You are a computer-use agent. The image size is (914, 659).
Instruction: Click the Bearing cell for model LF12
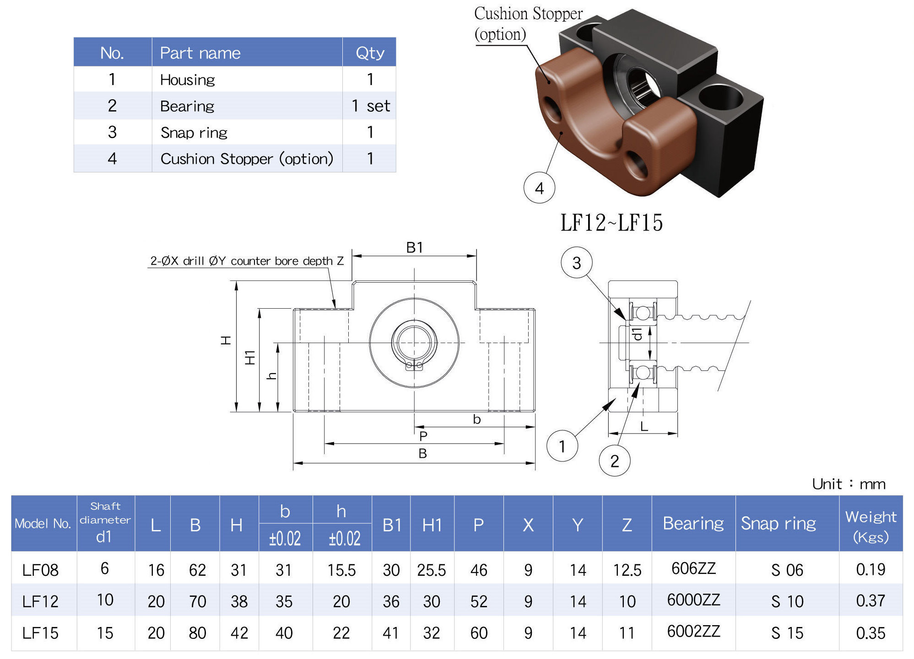(x=693, y=600)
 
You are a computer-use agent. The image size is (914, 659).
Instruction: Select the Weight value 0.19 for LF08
(x=870, y=569)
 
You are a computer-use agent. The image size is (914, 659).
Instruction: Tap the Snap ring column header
(x=778, y=523)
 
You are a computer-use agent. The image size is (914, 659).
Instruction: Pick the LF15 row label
(x=40, y=633)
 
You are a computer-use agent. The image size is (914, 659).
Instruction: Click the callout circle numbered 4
(x=539, y=188)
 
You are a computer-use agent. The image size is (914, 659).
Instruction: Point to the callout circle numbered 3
(x=576, y=263)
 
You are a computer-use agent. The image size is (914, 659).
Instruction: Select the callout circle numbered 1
(x=562, y=446)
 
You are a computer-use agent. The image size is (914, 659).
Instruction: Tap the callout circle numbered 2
(x=614, y=461)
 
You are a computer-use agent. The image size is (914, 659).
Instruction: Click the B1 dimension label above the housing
(x=414, y=247)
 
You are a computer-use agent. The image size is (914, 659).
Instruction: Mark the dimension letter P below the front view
(x=423, y=436)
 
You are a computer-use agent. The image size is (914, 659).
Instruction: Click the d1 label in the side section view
(x=637, y=333)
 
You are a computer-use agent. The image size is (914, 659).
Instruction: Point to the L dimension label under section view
(x=644, y=427)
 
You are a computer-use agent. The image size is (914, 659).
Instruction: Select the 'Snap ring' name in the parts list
(x=194, y=133)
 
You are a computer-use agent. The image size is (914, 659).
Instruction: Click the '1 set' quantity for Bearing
(x=370, y=106)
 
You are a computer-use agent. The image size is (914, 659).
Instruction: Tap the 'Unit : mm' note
(x=848, y=484)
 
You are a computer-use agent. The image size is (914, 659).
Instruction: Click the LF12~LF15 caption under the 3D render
(x=611, y=223)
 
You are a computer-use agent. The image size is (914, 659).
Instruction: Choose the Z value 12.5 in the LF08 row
(x=627, y=570)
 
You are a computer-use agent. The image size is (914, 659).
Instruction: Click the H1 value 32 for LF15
(x=431, y=633)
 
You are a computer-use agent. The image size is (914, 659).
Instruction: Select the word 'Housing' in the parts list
(x=187, y=80)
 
